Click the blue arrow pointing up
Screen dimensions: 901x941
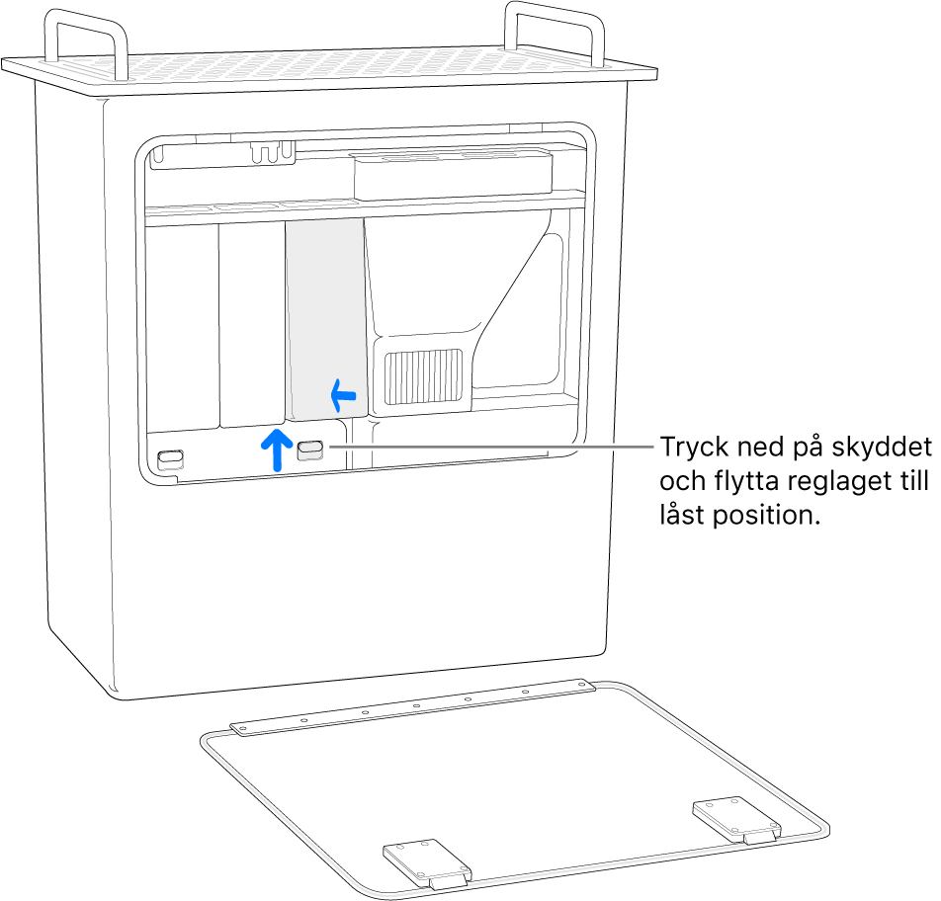click(x=277, y=449)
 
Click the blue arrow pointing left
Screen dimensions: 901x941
click(x=342, y=396)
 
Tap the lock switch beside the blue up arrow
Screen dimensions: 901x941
click(x=308, y=450)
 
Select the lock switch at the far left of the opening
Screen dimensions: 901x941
click(x=170, y=458)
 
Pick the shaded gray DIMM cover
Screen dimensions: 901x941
click(x=324, y=316)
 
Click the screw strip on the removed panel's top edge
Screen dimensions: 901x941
click(x=415, y=707)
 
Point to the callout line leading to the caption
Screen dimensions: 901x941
click(x=494, y=447)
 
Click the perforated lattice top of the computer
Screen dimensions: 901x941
click(x=326, y=69)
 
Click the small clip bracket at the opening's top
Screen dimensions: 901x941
click(x=273, y=151)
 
